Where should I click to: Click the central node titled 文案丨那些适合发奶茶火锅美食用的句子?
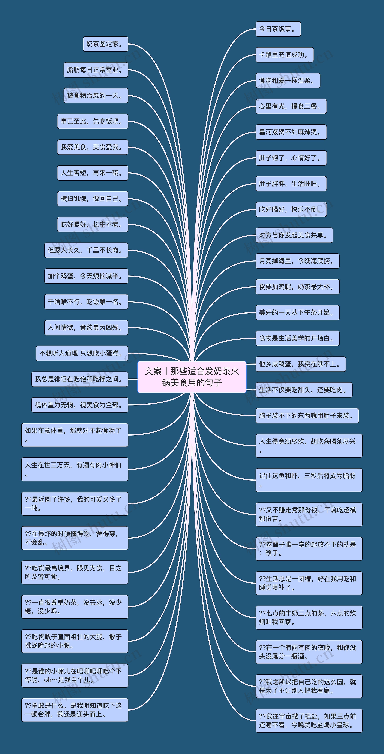(192, 377)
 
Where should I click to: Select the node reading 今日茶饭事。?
(278, 29)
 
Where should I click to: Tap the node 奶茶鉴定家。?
(105, 44)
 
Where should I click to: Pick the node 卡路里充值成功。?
(284, 55)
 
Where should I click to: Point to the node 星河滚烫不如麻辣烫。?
(291, 132)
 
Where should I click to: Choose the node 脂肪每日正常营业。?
(96, 70)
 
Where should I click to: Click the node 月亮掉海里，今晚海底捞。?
(297, 261)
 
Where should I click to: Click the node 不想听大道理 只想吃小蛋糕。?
(82, 353)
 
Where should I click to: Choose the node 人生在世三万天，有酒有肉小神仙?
(75, 469)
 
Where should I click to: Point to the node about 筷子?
(309, 549)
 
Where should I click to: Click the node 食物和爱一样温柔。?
(288, 81)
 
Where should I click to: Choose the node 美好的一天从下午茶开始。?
(297, 312)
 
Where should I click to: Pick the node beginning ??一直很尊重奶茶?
(75, 606)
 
